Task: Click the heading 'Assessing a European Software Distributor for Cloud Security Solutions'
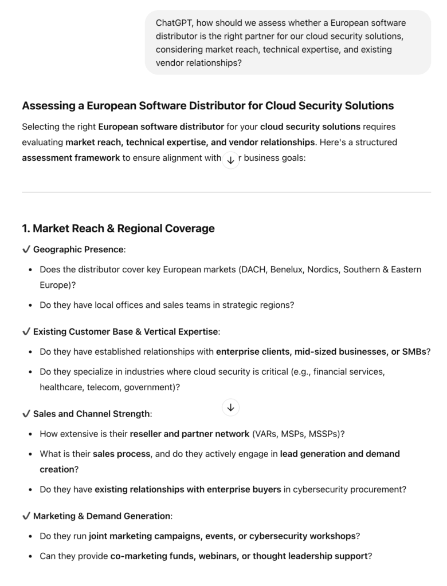(207, 106)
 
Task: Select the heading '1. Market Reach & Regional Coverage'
(118, 228)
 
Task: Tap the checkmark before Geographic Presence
(26, 250)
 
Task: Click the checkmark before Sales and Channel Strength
(26, 413)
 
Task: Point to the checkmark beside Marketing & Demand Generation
(26, 516)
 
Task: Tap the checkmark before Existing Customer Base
(26, 331)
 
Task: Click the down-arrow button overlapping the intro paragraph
(230, 160)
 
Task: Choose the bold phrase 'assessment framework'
(71, 158)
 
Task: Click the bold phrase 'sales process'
(121, 454)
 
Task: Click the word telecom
(103, 387)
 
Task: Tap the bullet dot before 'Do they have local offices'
(30, 306)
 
